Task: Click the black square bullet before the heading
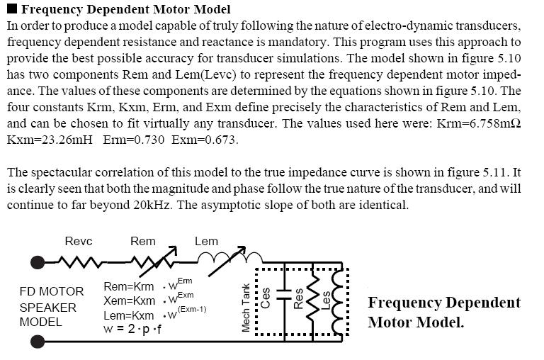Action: pyautogui.click(x=12, y=9)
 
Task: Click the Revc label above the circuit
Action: pyautogui.click(x=79, y=241)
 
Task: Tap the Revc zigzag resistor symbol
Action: pyautogui.click(x=79, y=262)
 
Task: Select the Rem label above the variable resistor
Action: pyautogui.click(x=142, y=241)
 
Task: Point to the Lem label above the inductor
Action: pyautogui.click(x=206, y=241)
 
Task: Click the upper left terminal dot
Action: pyautogui.click(x=38, y=262)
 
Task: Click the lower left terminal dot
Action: pyautogui.click(x=38, y=342)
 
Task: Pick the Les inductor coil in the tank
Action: pyautogui.click(x=338, y=301)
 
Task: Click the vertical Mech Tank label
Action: pyautogui.click(x=246, y=308)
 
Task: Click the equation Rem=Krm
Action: pyautogui.click(x=129, y=287)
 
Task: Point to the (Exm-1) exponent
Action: pyautogui.click(x=192, y=309)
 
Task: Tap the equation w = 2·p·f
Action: pyautogui.click(x=132, y=328)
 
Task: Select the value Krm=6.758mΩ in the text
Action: pyautogui.click(x=479, y=123)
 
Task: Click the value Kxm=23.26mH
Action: pyautogui.click(x=50, y=140)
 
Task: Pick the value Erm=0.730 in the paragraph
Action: pyautogui.click(x=134, y=140)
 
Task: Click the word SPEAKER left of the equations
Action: pyautogui.click(x=48, y=308)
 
